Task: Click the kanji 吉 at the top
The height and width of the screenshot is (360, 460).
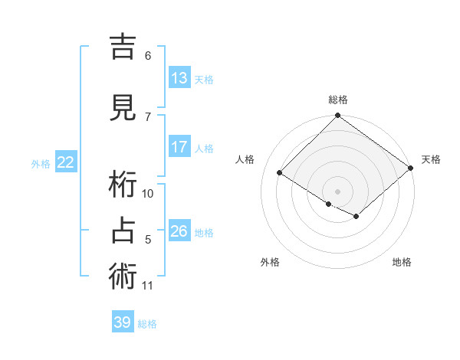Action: pyautogui.click(x=123, y=47)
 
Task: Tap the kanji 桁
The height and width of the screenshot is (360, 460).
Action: pyautogui.click(x=123, y=185)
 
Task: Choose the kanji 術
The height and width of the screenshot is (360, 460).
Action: pyautogui.click(x=123, y=277)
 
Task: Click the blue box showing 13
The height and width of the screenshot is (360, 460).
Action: pyautogui.click(x=179, y=77)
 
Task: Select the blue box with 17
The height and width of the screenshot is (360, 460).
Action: pyautogui.click(x=179, y=147)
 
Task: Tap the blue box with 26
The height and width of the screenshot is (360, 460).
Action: pyautogui.click(x=179, y=231)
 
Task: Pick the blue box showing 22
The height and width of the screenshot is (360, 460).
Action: pyautogui.click(x=66, y=162)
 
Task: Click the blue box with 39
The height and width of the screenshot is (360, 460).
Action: pyautogui.click(x=123, y=322)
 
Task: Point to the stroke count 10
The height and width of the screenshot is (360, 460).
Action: pyautogui.click(x=148, y=193)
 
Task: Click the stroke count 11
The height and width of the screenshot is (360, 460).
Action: pyautogui.click(x=148, y=286)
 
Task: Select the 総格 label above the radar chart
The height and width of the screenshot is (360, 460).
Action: pyautogui.click(x=338, y=100)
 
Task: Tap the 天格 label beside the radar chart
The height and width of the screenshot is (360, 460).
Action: pyautogui.click(x=431, y=159)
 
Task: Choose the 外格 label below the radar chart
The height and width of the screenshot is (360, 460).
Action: pyautogui.click(x=270, y=262)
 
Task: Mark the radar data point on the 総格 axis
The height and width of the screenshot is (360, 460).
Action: pyautogui.click(x=338, y=116)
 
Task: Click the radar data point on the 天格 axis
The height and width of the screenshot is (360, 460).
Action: pyautogui.click(x=411, y=168)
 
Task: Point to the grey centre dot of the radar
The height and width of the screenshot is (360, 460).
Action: pyautogui.click(x=337, y=191)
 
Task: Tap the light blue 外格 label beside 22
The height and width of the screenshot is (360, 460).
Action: pyautogui.click(x=41, y=163)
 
